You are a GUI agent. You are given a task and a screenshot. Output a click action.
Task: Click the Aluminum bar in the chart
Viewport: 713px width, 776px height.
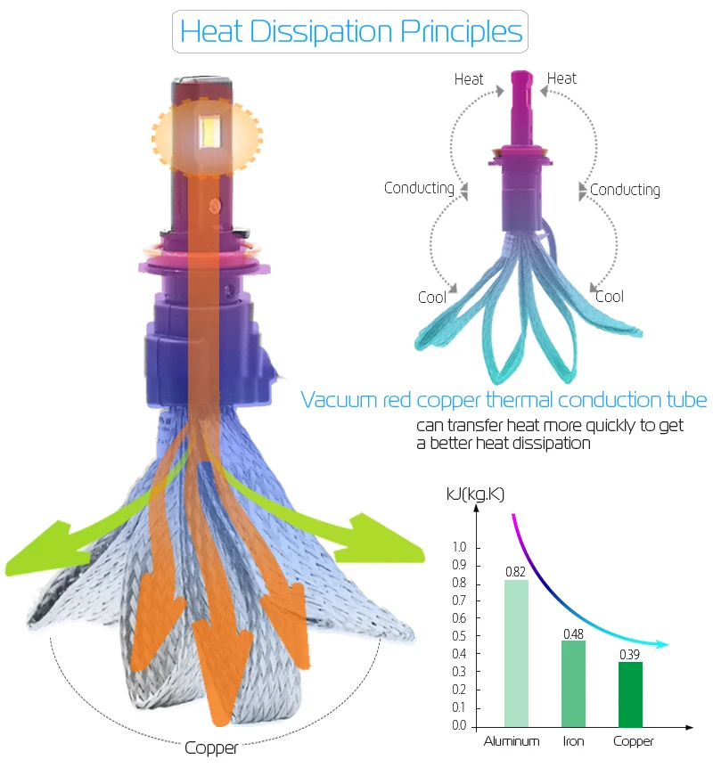point(516,653)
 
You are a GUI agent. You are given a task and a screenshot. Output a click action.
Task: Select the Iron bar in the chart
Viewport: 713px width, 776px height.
point(573,684)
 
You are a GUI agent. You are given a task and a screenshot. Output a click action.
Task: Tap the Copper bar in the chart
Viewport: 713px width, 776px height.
point(630,694)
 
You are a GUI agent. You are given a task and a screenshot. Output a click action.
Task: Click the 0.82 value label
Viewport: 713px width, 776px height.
point(515,572)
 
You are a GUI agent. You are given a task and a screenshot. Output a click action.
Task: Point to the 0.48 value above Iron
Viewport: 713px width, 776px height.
point(573,634)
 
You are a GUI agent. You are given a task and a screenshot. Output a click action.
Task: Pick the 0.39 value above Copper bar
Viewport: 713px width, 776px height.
point(630,655)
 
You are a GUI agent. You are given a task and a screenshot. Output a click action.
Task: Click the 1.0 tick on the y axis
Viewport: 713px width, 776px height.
point(459,547)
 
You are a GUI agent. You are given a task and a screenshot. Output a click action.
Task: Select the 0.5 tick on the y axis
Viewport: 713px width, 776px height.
point(459,636)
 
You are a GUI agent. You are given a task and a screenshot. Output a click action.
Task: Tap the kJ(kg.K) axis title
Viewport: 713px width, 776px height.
point(475,494)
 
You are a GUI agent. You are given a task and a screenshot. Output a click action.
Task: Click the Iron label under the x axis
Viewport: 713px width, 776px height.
point(573,741)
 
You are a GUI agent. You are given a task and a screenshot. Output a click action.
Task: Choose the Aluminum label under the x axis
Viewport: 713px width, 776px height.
point(512,741)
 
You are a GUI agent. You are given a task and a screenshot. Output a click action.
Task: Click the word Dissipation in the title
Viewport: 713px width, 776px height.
point(322,32)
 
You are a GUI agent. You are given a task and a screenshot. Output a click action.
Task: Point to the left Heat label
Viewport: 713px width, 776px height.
point(469,79)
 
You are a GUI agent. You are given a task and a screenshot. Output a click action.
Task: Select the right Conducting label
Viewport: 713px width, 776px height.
point(625,190)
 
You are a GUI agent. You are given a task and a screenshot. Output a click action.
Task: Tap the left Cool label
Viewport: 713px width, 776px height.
point(432,298)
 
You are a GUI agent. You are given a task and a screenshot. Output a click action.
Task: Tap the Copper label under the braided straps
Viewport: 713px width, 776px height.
point(211,747)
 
